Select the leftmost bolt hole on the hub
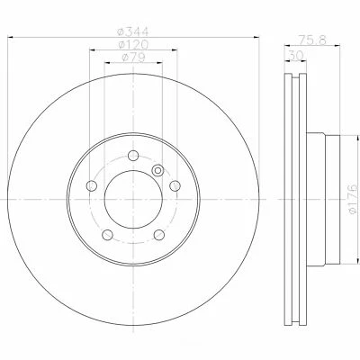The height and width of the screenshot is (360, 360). click(x=91, y=187)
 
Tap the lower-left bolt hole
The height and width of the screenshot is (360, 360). click(x=107, y=237)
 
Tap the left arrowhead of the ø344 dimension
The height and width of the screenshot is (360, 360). click(x=15, y=39)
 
